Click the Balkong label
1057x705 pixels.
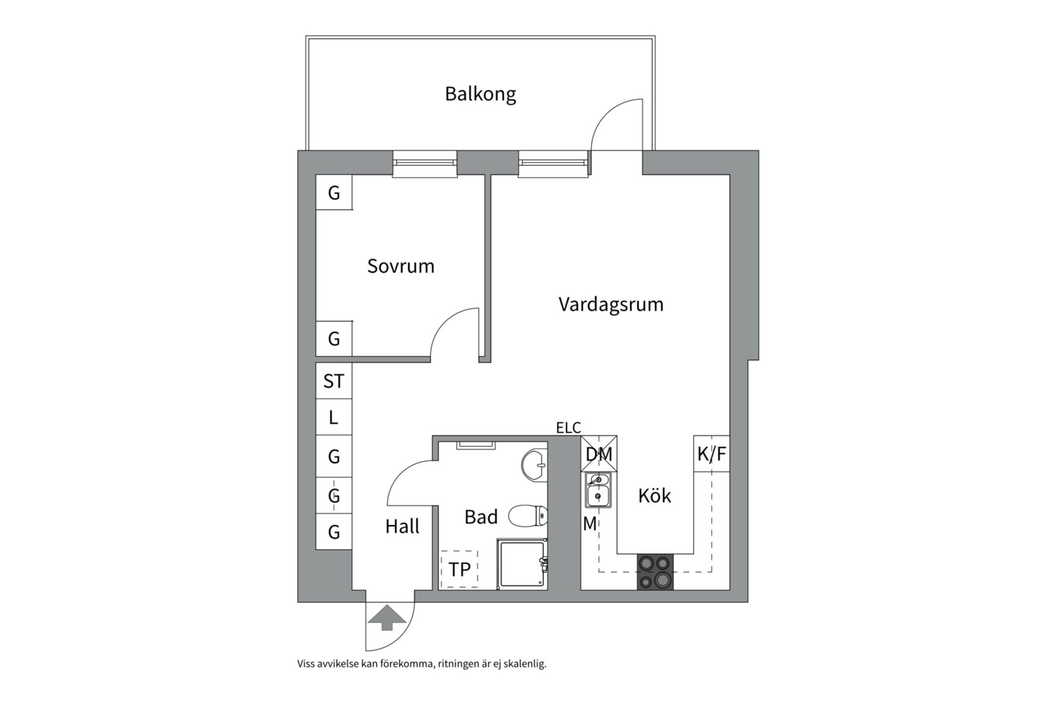click(480, 94)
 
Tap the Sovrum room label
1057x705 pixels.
click(401, 266)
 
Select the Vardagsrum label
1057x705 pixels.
click(611, 304)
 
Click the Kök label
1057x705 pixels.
click(654, 496)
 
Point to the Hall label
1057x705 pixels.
click(402, 526)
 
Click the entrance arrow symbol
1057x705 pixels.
click(387, 618)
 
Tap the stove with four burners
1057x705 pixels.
click(655, 572)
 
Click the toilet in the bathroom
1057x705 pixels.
click(527, 516)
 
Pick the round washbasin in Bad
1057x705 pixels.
click(534, 465)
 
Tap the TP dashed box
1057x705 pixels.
click(459, 569)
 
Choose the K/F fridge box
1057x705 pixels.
click(711, 454)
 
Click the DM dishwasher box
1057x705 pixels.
click(599, 454)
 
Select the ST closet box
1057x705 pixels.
click(333, 381)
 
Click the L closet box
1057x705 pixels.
click(333, 418)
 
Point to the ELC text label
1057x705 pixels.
click(568, 428)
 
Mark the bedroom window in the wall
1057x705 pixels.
click(424, 163)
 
